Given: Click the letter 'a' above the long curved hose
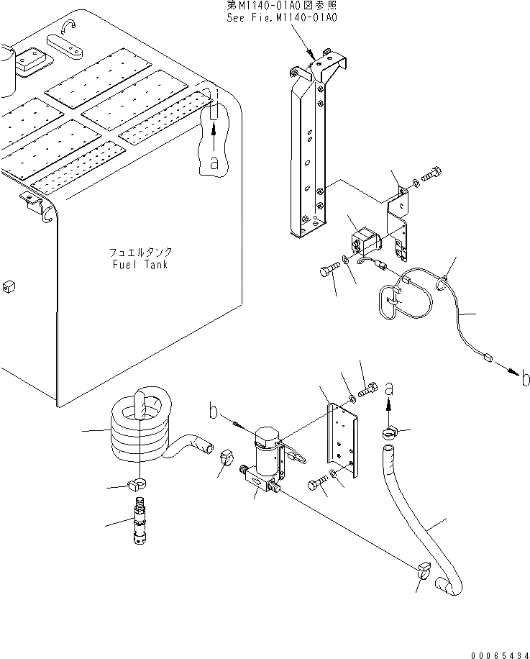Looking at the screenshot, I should [389, 388].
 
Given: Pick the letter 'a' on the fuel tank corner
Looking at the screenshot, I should [213, 163].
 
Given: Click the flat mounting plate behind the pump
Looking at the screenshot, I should [341, 439].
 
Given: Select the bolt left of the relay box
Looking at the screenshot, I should [327, 271].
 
